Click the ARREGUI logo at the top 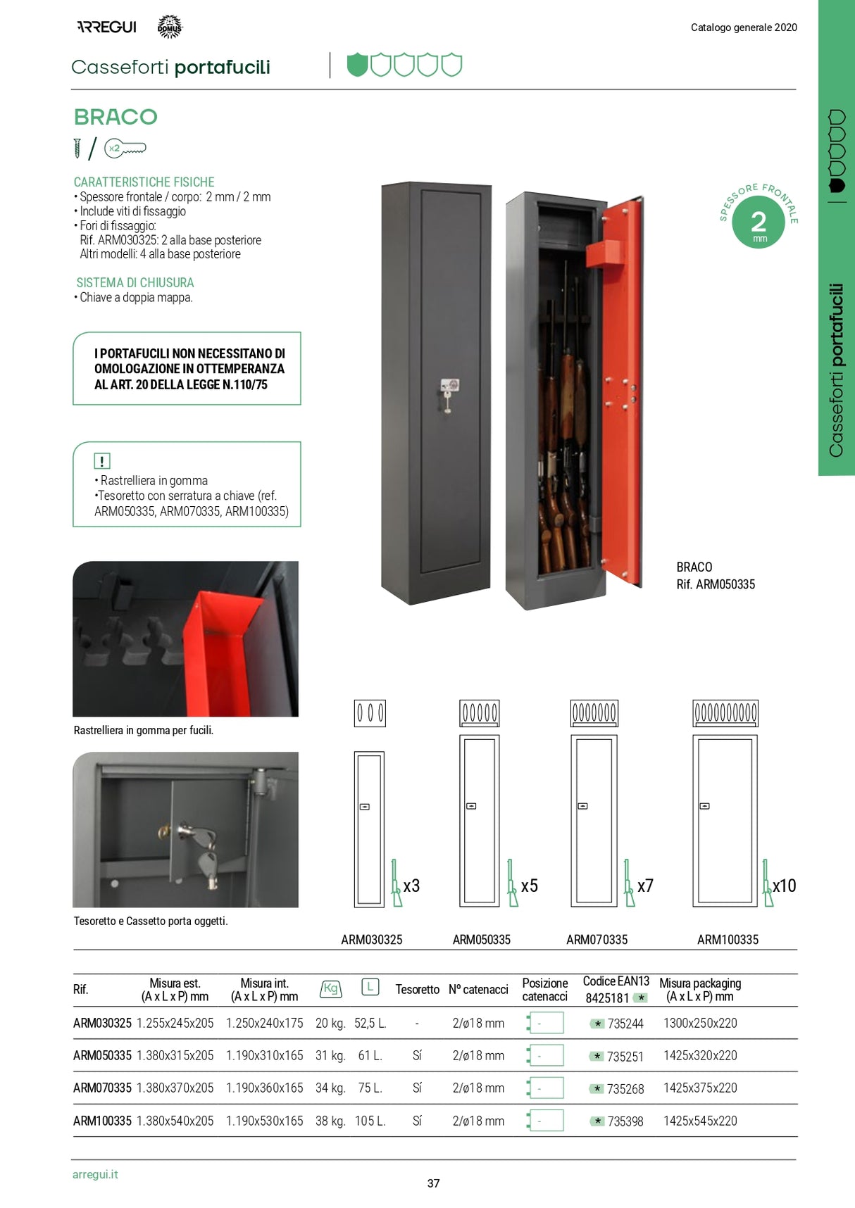[106, 27]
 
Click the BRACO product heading [116, 117]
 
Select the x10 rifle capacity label [784, 886]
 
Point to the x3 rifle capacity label [411, 886]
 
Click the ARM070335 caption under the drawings [597, 940]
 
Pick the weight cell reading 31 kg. [330, 1056]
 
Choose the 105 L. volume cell [370, 1121]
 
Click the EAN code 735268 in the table [625, 1089]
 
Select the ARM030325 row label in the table [102, 1024]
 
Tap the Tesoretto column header [417, 990]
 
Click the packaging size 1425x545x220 [700, 1121]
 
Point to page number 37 [433, 1183]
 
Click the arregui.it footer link [95, 1174]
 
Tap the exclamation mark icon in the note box [102, 461]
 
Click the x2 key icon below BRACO [125, 149]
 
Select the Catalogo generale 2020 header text [744, 27]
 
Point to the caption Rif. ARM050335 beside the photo [716, 584]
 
